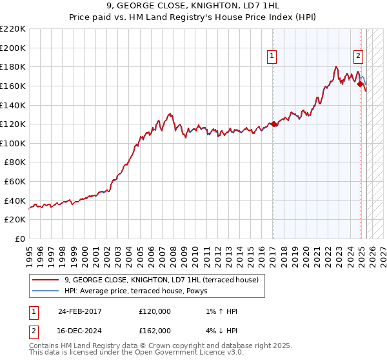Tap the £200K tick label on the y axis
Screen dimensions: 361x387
(13, 48)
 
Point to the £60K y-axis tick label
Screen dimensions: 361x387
(15, 182)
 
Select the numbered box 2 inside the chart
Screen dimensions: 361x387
(358, 55)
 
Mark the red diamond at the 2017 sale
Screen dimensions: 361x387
(273, 124)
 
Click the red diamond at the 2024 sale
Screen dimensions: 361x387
(361, 84)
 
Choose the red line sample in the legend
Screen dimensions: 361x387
(45, 280)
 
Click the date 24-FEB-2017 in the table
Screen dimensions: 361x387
(79, 311)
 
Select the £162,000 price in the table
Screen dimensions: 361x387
(155, 331)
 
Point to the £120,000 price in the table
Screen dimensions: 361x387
(155, 311)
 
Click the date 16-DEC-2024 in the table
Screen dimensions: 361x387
(79, 331)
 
